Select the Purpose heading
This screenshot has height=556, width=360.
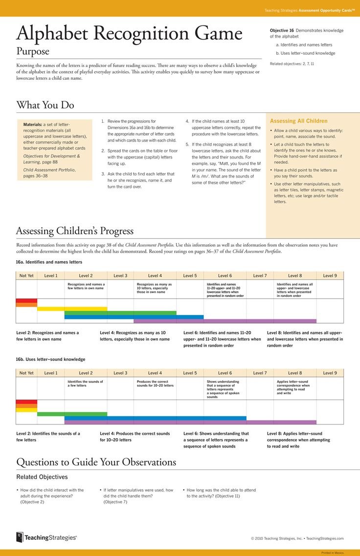click(33, 51)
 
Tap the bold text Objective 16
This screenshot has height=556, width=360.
click(282, 30)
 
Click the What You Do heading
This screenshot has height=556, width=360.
click(45, 105)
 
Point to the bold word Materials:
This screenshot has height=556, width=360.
click(32, 124)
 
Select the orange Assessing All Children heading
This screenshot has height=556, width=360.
click(298, 121)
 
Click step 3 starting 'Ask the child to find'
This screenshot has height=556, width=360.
click(141, 180)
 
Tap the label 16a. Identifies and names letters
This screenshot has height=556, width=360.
click(49, 262)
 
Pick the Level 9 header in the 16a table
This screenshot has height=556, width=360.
click(330, 276)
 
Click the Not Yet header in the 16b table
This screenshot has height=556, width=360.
click(26, 373)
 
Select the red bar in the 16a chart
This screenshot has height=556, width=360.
click(26, 301)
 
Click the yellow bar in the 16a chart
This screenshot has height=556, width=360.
click(72, 309)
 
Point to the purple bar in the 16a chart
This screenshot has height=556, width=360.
click(225, 321)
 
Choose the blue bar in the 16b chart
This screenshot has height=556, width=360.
click(155, 418)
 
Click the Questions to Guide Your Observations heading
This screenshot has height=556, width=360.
click(96, 462)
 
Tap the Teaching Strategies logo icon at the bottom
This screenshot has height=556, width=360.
click(20, 537)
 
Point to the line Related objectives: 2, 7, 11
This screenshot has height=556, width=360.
click(292, 64)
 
